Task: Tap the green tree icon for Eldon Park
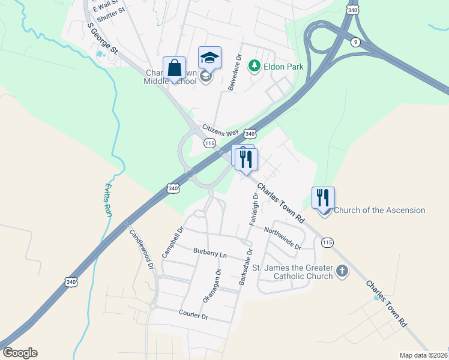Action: pyautogui.click(x=255, y=66)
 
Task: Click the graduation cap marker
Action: pyautogui.click(x=209, y=58)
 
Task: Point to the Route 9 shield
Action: pyautogui.click(x=355, y=41)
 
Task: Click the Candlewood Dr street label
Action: pyautogui.click(x=142, y=248)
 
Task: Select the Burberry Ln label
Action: pyautogui.click(x=209, y=253)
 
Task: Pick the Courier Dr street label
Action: pyautogui.click(x=193, y=314)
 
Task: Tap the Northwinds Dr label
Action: pyautogui.click(x=282, y=237)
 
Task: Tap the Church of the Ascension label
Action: pyautogui.click(x=379, y=210)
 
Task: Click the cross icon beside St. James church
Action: pyautogui.click(x=342, y=271)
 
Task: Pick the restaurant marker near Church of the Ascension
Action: pyautogui.click(x=323, y=197)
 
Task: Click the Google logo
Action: pyautogui.click(x=20, y=353)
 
